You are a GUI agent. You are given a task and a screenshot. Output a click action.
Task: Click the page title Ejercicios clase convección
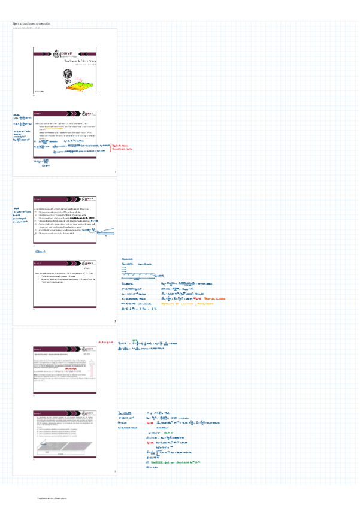point(32,24)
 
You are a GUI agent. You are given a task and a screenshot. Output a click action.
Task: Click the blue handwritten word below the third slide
point(41,252)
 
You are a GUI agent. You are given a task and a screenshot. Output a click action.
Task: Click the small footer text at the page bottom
point(51,498)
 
